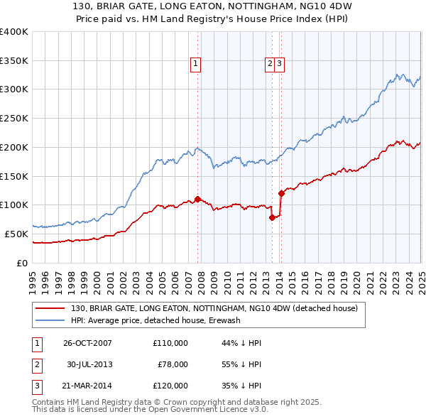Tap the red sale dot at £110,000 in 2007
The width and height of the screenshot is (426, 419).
pyautogui.click(x=197, y=199)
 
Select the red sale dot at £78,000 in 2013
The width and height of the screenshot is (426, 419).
pyautogui.click(x=272, y=218)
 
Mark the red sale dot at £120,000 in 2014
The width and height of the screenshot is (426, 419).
pyautogui.click(x=281, y=193)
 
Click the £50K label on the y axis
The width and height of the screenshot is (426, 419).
pyautogui.click(x=17, y=234)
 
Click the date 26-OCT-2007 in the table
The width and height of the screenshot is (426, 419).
pyautogui.click(x=87, y=343)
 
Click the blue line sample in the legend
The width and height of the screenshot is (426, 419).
pyautogui.click(x=50, y=320)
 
